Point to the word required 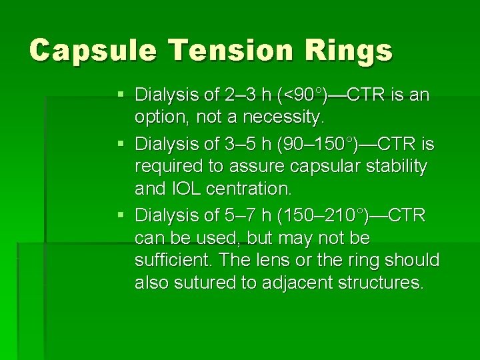(x=164, y=167)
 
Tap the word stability (x=397, y=167)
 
